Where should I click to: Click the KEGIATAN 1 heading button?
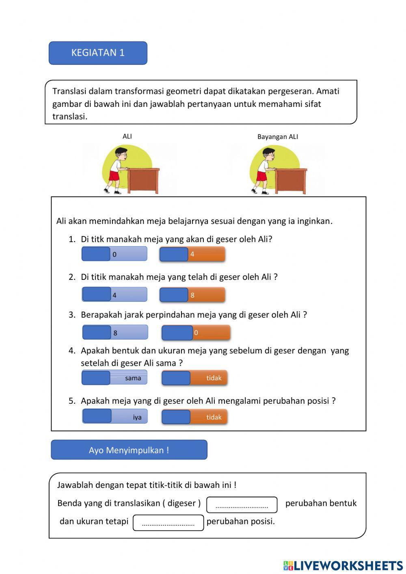[98, 53]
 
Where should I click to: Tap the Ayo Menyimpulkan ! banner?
[129, 450]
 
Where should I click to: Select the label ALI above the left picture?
[127, 136]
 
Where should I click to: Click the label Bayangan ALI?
[278, 137]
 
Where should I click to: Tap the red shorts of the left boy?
[114, 175]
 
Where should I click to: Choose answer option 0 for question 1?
[114, 254]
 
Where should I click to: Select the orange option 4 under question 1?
[192, 254]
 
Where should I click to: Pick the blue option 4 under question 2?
[114, 295]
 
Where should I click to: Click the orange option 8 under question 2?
[192, 295]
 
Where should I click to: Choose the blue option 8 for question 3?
[115, 332]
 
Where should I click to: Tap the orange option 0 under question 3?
[196, 333]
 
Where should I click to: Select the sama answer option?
[114, 378]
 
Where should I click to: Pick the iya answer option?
[115, 416]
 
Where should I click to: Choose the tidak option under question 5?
[194, 417]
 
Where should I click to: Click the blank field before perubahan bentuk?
[242, 505]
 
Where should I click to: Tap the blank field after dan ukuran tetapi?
[168, 523]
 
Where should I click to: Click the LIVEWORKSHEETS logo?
[343, 565]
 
